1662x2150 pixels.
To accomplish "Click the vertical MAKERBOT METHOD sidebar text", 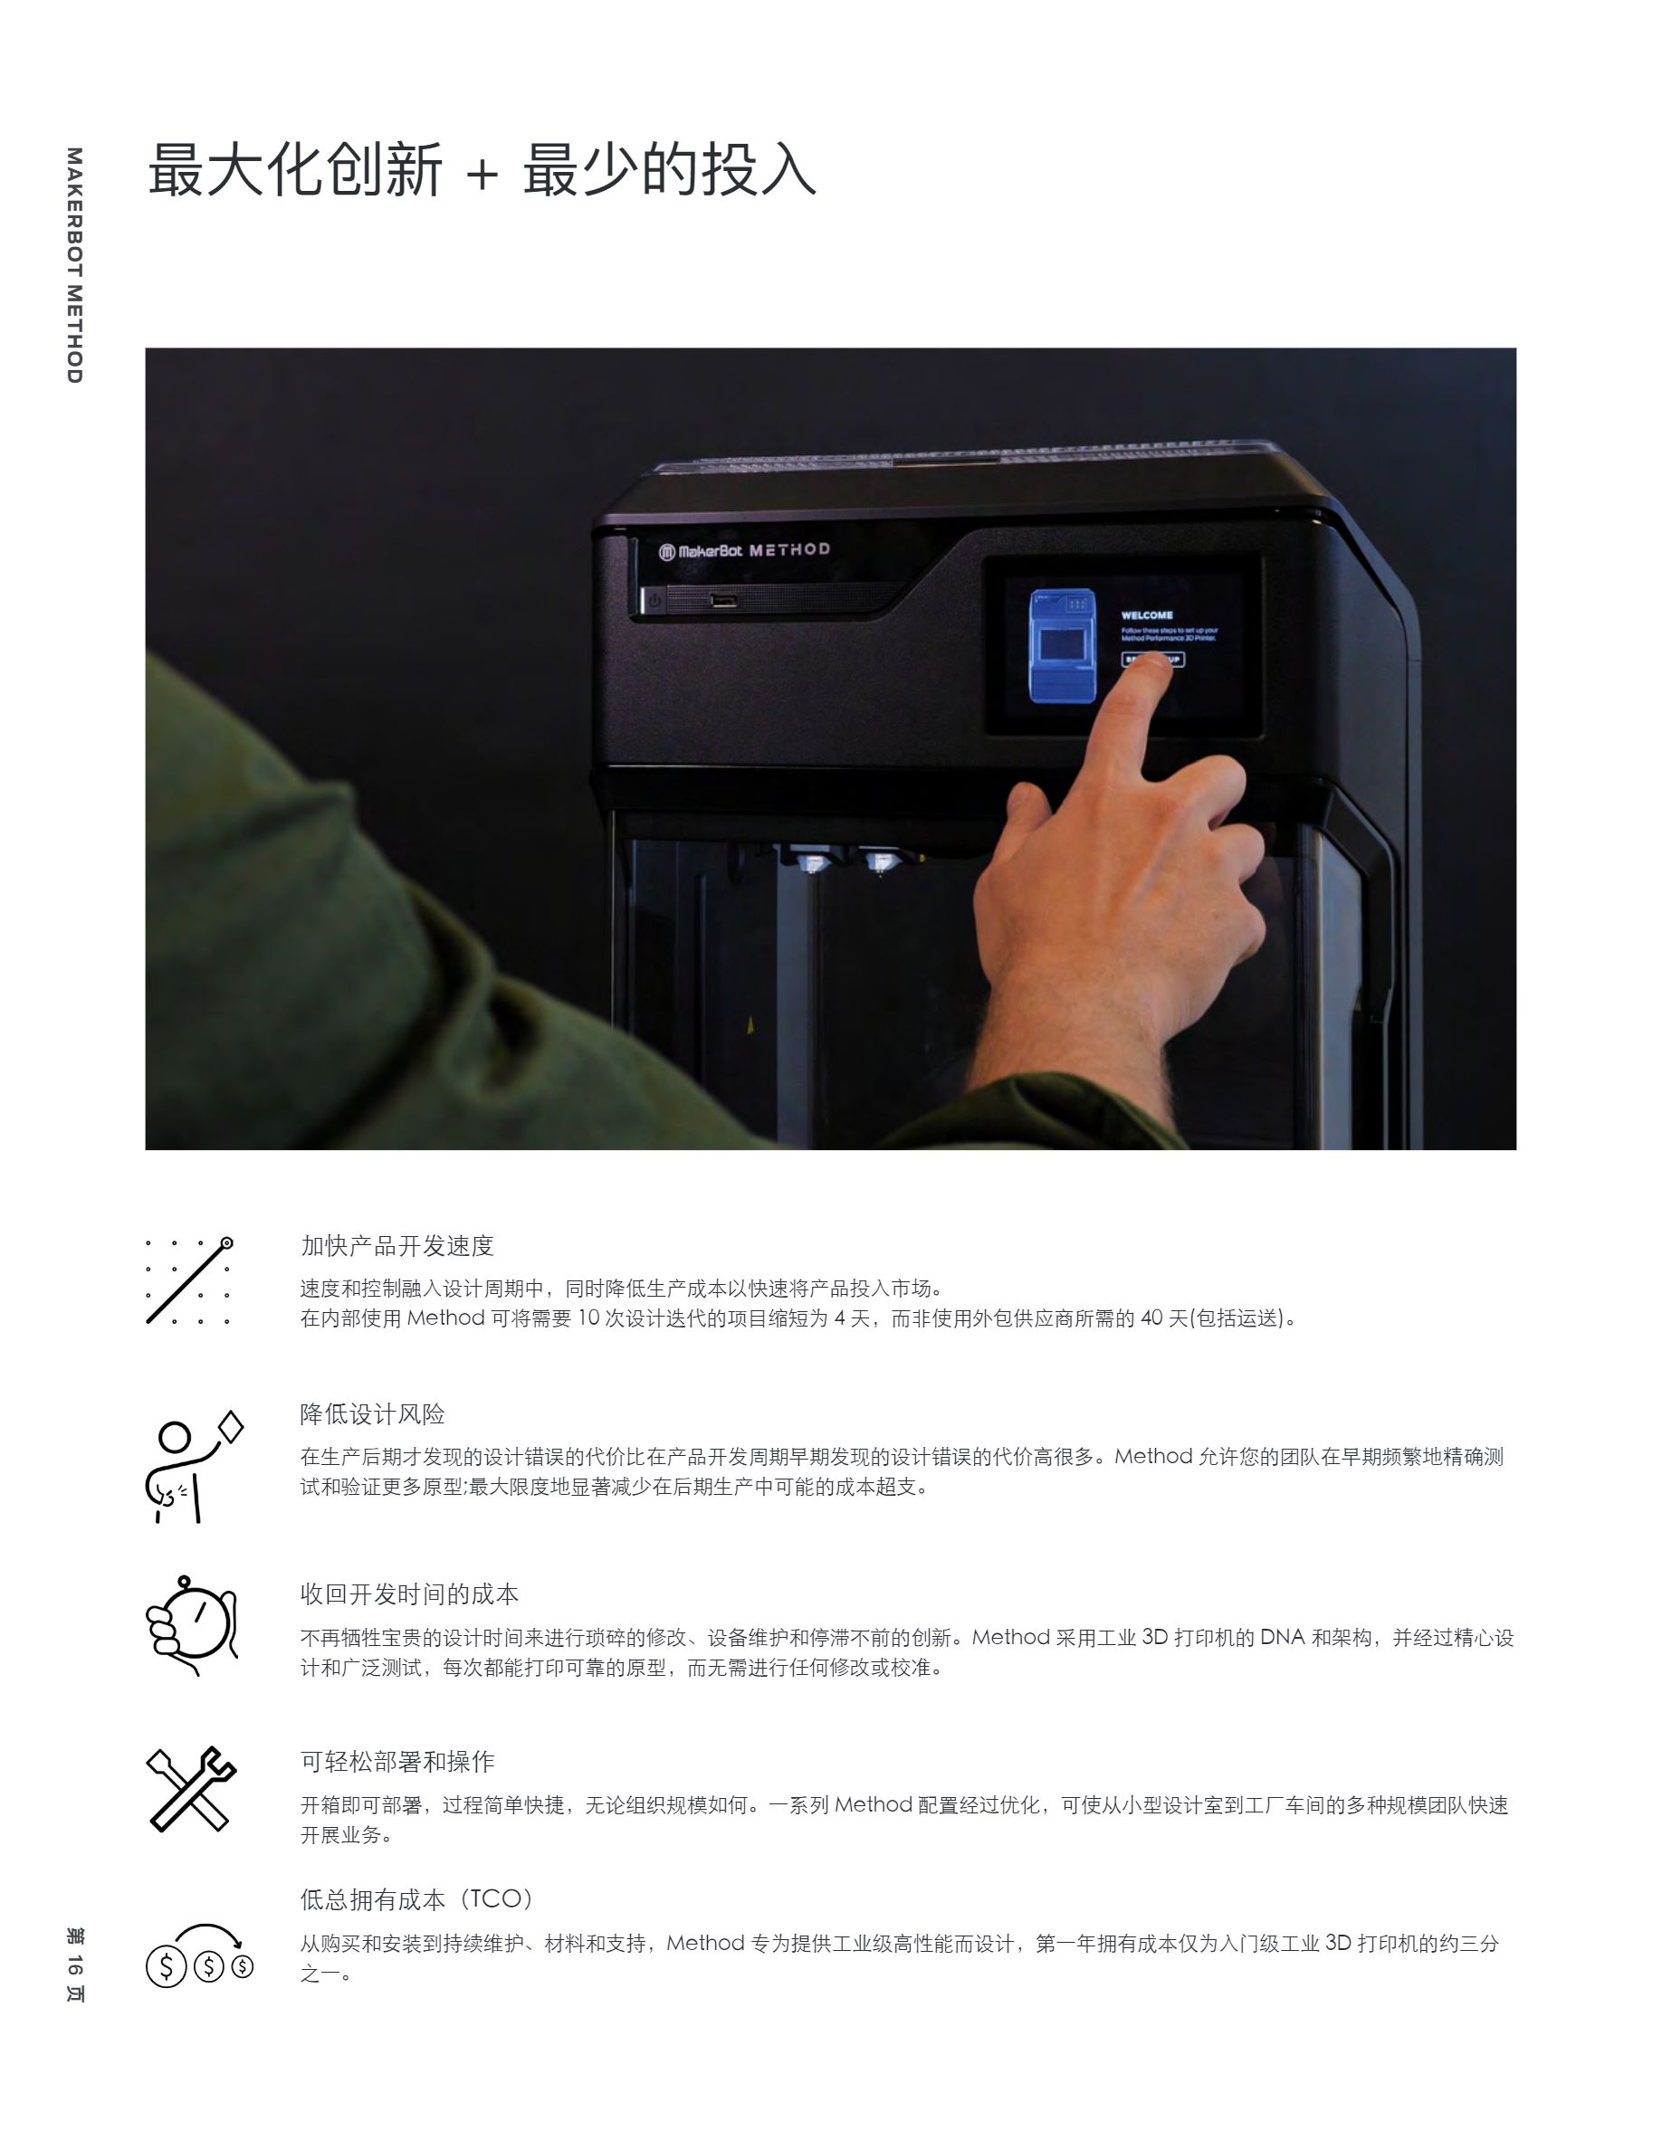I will pos(75,265).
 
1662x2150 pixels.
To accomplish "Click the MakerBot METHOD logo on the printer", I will pos(744,550).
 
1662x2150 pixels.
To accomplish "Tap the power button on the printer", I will pos(654,600).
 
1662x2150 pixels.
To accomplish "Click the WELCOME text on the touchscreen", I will pos(1146,615).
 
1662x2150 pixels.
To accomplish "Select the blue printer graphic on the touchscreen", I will pos(1063,646).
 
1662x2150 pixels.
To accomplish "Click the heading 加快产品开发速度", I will pos(396,1246).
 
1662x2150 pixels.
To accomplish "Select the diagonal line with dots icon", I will pos(189,1280).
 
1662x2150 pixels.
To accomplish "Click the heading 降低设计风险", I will pos(372,1414).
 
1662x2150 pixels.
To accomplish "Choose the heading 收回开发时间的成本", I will pos(408,1593).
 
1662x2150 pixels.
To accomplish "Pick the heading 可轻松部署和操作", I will pos(396,1761).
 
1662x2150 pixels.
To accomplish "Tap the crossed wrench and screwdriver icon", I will pos(191,1789).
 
